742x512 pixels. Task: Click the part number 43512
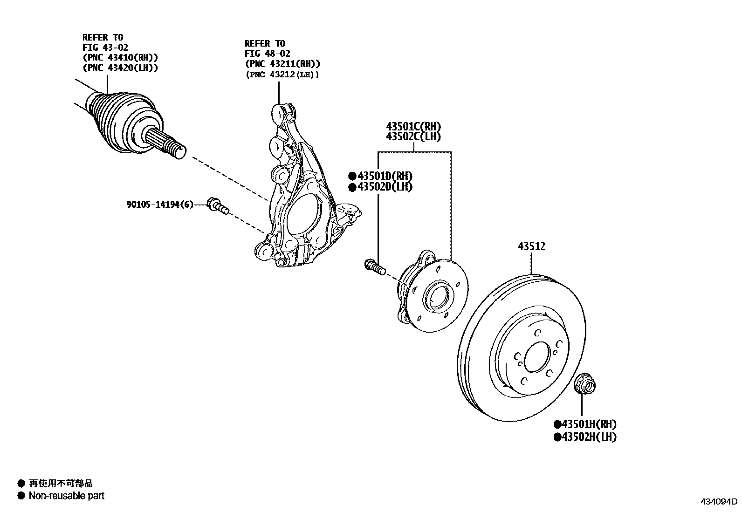click(532, 246)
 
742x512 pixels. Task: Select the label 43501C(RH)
click(413, 126)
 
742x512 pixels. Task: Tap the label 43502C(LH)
click(413, 137)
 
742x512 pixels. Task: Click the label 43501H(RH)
click(589, 424)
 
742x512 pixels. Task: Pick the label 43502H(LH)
click(589, 437)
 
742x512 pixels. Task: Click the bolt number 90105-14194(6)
click(159, 204)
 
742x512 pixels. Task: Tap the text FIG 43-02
click(105, 47)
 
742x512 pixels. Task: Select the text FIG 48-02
click(268, 54)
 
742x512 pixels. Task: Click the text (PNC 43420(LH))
click(120, 68)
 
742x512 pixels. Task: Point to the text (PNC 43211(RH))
click(282, 64)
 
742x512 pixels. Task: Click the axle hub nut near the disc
click(583, 383)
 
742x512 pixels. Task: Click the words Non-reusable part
click(67, 496)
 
